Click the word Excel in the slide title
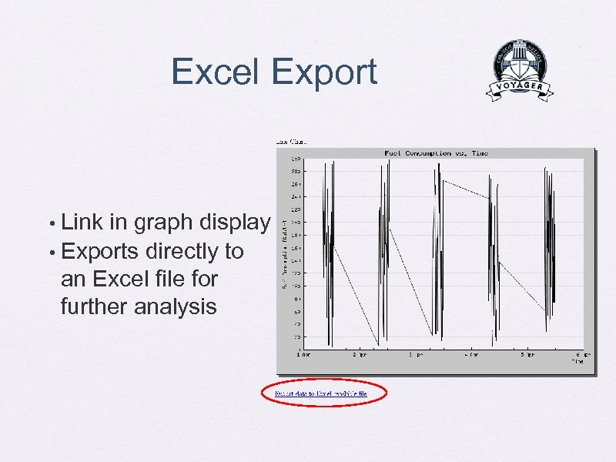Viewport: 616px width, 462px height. [x=216, y=72]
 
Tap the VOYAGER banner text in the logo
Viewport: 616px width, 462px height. [x=520, y=87]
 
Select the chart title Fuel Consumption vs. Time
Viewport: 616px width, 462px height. [x=436, y=153]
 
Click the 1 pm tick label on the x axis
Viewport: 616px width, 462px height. [x=304, y=356]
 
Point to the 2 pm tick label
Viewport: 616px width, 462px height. [x=360, y=356]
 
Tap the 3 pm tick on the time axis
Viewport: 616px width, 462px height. [x=415, y=356]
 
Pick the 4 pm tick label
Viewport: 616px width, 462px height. [x=470, y=356]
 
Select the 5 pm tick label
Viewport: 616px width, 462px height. [x=527, y=356]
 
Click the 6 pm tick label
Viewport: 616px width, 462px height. [x=582, y=356]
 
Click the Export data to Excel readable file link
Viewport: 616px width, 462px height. [x=321, y=393]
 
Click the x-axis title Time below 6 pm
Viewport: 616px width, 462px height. [x=577, y=361]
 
